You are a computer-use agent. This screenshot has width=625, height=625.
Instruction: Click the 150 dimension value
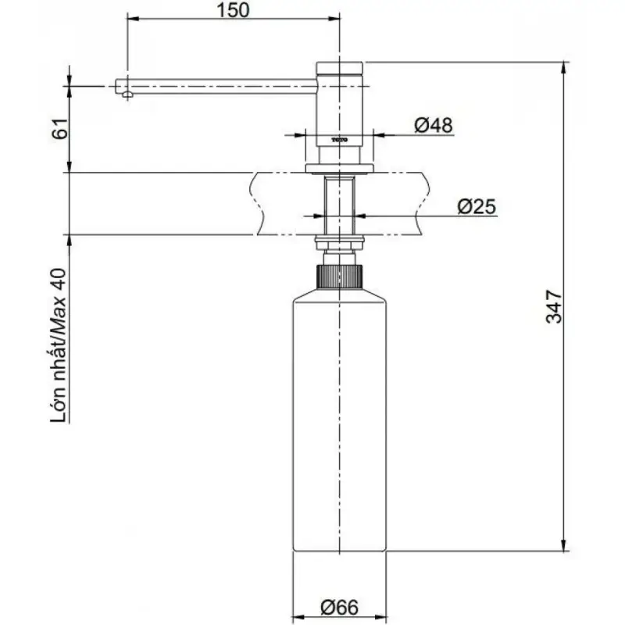233,10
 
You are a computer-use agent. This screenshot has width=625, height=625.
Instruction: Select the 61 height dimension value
60,128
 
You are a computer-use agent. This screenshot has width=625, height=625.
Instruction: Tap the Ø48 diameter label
434,125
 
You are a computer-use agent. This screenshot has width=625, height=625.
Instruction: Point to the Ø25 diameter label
477,206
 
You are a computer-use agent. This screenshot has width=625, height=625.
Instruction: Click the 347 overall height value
554,306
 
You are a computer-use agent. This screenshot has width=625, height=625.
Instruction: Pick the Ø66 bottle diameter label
339,608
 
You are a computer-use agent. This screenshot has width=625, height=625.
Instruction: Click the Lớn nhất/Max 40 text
59,345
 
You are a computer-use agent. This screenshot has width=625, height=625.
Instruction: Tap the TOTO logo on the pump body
340,140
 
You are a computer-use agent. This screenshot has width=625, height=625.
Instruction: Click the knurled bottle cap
340,277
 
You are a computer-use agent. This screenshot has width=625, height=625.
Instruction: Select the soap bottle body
340,420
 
